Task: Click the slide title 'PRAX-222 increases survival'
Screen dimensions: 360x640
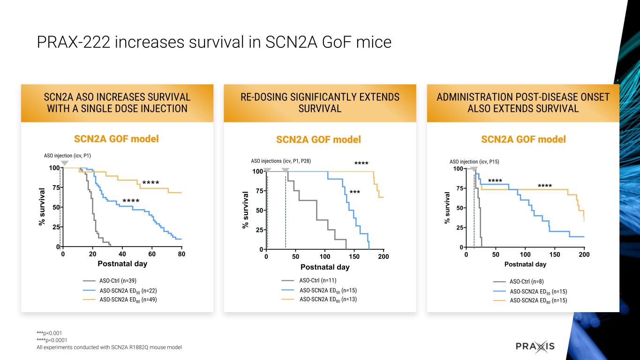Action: pos(214,42)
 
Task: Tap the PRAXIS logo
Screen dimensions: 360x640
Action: pos(535,346)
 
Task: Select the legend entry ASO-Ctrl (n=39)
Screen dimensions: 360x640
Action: pos(118,281)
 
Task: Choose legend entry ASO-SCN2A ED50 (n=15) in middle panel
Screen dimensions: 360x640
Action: pos(328,290)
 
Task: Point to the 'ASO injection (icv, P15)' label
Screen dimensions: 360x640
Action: pos(474,161)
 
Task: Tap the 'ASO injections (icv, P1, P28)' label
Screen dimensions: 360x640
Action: pos(281,161)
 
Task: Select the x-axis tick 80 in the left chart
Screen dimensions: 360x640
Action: pos(181,254)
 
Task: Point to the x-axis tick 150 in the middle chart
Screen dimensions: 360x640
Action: pos(354,257)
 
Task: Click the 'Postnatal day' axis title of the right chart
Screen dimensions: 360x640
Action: pos(525,264)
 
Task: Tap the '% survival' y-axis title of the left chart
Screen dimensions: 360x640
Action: pos(42,207)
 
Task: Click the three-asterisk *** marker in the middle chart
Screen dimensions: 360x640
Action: pos(354,193)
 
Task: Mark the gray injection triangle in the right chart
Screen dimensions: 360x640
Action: pos(474,169)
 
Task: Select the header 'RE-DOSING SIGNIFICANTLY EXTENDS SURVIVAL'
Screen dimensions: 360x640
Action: pos(320,103)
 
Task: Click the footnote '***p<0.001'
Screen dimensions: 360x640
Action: pos(49,333)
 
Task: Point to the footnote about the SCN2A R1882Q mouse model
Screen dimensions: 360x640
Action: pos(109,347)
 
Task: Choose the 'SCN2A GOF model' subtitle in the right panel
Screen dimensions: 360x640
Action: pos(523,139)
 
